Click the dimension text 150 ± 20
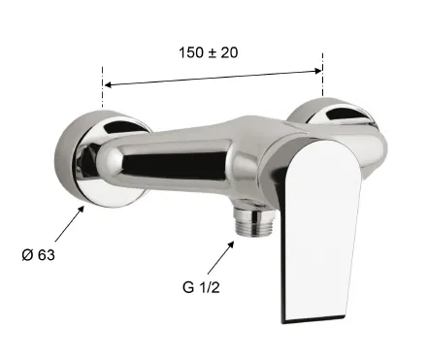[x=209, y=52]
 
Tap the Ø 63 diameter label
[x=39, y=255]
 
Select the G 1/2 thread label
[x=201, y=287]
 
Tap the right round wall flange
[x=333, y=114]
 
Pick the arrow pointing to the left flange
[x=70, y=223]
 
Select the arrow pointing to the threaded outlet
[x=220, y=258]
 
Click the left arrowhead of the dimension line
[x=109, y=84]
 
